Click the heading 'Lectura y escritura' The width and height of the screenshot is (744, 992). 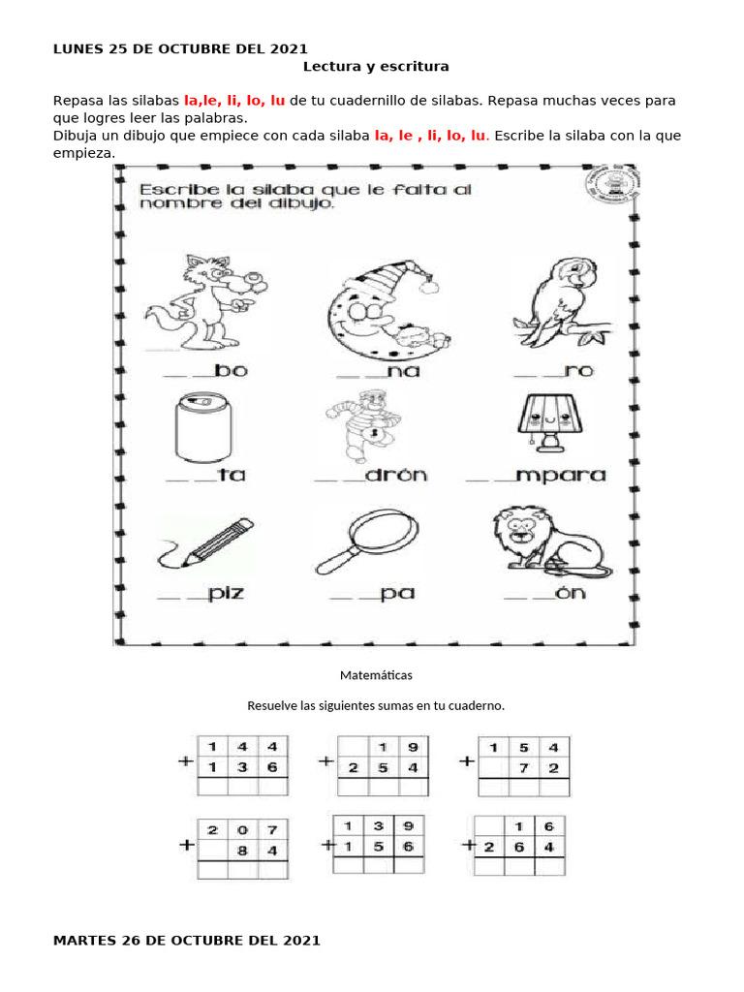[376, 67]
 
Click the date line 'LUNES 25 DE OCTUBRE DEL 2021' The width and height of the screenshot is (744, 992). [180, 48]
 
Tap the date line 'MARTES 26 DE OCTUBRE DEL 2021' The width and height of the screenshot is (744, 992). [186, 940]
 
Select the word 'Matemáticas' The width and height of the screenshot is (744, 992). [376, 674]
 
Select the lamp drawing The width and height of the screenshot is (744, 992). [547, 421]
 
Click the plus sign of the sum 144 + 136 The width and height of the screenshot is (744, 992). [184, 762]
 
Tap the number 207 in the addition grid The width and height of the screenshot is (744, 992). [242, 829]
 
